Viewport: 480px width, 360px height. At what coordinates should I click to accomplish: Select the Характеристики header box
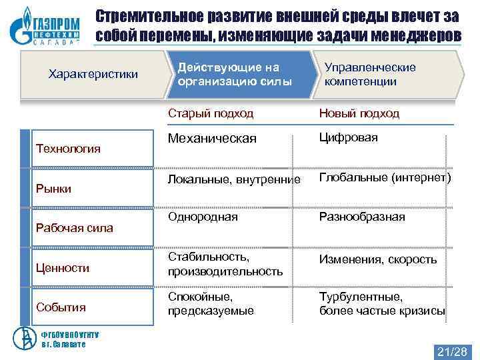[93, 73]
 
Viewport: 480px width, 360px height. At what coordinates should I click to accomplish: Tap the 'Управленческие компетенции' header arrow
[380, 75]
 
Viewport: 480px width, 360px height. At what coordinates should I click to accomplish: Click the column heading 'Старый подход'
[211, 113]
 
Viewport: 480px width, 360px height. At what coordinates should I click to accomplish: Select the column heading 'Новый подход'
[359, 113]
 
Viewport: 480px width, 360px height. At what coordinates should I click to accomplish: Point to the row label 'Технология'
[67, 148]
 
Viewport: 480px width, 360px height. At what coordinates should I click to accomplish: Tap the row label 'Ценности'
[62, 267]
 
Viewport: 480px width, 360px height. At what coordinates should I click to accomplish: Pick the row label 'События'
[61, 307]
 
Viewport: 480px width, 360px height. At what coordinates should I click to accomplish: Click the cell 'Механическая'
[212, 139]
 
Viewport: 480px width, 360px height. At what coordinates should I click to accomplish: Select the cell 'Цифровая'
[348, 137]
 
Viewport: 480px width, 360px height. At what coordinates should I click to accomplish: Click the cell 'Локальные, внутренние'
[229, 179]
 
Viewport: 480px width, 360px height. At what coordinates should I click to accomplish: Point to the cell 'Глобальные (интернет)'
[385, 178]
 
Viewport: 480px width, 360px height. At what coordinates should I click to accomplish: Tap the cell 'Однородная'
[202, 217]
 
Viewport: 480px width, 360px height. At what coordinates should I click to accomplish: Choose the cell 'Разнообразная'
[362, 217]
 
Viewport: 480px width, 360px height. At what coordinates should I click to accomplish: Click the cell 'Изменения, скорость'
[378, 259]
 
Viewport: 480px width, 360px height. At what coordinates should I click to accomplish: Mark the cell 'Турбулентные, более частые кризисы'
[382, 303]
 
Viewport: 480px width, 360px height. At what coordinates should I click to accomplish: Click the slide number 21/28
[451, 351]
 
